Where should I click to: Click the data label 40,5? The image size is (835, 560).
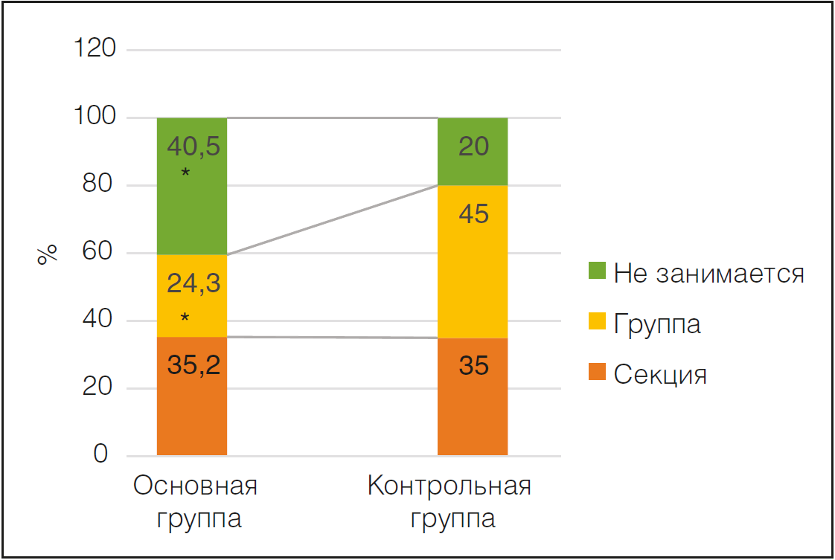(193, 147)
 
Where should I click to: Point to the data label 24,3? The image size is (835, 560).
(193, 283)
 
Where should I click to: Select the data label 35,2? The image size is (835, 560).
(193, 365)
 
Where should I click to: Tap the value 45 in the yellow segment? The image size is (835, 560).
(473, 214)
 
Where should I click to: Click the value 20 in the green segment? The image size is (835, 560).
(473, 147)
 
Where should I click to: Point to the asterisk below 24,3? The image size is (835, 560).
(185, 318)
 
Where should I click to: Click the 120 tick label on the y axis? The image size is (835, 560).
(95, 50)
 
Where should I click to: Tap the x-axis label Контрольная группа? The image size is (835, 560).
(450, 502)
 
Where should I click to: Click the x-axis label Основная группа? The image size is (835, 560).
(196, 502)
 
